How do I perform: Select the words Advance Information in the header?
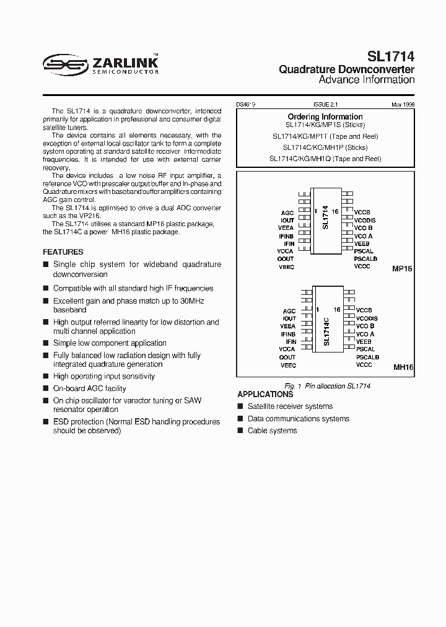pos(366,80)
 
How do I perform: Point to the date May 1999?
pos(403,105)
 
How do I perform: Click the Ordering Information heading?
pos(325,116)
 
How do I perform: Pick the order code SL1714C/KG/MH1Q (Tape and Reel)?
pos(325,159)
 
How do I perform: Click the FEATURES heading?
pos(63,252)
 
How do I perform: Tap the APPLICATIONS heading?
pos(265,395)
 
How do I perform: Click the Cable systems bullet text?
pos(272,431)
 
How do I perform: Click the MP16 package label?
pos(402,270)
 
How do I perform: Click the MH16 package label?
pos(403,367)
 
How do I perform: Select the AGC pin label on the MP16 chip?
pos(287,213)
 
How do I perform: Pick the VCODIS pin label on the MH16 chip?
pos(366,318)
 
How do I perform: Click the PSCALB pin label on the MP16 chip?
pos(365,258)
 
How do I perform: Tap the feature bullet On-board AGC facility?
pos(89,388)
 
